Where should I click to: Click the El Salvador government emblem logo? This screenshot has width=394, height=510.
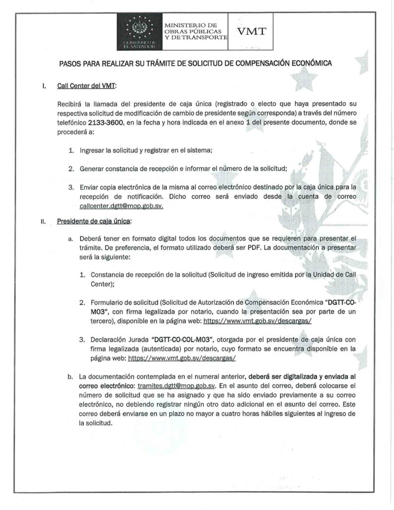tap(139, 30)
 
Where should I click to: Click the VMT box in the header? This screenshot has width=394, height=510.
tap(252, 31)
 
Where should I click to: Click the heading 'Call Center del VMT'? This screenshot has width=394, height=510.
tap(86, 86)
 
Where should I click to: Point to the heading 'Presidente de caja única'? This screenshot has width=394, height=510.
tap(95, 221)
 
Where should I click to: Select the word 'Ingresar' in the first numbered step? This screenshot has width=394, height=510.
tap(93, 150)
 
